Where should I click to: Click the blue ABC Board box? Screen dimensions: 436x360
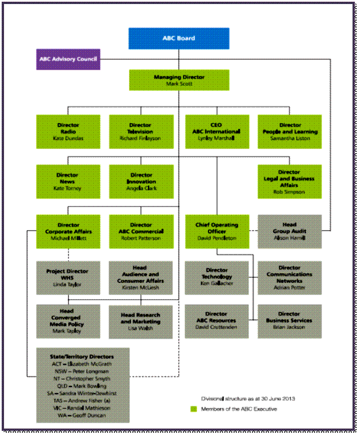178,38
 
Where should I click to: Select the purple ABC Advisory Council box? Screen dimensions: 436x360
68,59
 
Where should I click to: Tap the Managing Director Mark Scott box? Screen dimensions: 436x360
179,80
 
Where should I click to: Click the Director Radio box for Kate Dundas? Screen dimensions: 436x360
68,132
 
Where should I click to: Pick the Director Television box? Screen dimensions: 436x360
141,132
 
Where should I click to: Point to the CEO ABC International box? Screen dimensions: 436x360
217,132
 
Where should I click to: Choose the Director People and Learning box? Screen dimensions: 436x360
290,132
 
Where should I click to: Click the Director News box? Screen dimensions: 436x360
68,181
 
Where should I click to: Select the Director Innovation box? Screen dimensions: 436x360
141,181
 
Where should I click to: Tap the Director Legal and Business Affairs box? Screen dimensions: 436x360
290,182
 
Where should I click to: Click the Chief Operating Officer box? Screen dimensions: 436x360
217,231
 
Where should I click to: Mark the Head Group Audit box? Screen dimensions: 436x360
290,231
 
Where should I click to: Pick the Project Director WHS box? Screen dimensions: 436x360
68,278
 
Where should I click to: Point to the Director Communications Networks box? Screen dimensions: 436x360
290,278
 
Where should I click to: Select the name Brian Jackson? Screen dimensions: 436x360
290,326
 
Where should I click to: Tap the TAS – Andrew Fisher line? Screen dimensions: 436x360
82,400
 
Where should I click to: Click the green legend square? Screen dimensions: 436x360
194,409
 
